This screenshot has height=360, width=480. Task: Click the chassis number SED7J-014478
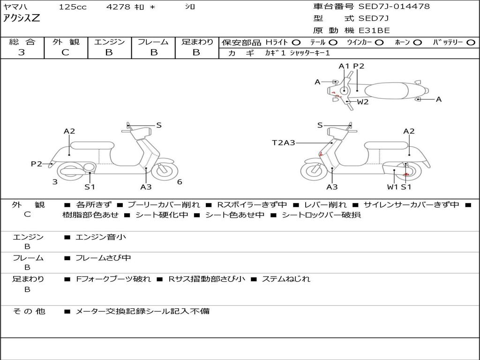click(x=394, y=7)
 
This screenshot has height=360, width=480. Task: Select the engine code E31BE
click(x=374, y=30)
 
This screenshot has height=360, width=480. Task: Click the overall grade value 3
click(x=22, y=52)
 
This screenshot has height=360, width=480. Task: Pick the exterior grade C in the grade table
click(x=66, y=52)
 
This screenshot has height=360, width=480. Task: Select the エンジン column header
click(x=109, y=42)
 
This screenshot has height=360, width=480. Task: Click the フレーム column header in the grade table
click(x=153, y=42)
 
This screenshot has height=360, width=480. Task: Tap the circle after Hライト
click(x=296, y=42)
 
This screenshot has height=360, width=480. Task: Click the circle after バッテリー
click(x=471, y=42)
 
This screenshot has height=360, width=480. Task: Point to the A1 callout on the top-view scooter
click(x=344, y=66)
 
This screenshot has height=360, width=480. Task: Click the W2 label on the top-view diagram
click(x=363, y=102)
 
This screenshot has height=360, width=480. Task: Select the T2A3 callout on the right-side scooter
click(x=284, y=142)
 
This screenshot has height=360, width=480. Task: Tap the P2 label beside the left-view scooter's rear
click(x=37, y=164)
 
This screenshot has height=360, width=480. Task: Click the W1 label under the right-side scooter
click(x=392, y=187)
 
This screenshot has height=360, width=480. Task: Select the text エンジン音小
click(x=101, y=237)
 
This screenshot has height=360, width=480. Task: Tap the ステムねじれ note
click(x=286, y=279)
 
